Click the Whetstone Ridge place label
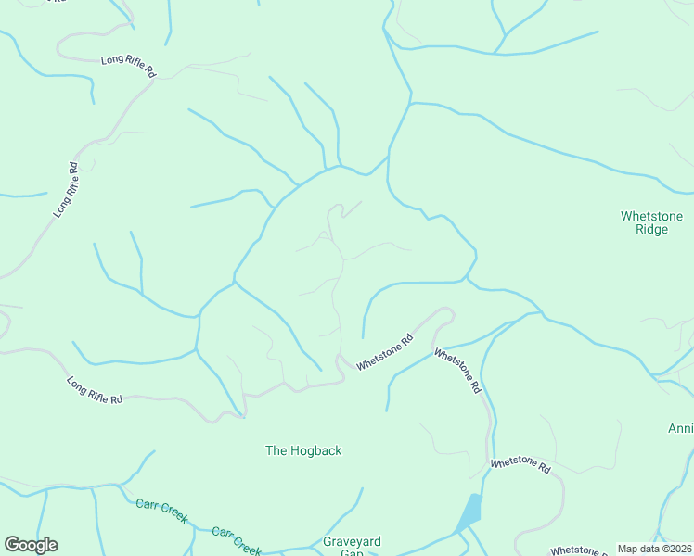point(651,222)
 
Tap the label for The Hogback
point(303,450)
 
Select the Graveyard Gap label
point(352,547)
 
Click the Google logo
point(31,545)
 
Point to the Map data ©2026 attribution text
point(654,549)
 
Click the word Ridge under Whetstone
point(651,229)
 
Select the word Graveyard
point(352,541)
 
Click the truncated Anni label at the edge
point(680,428)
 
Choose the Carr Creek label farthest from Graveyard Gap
point(161,509)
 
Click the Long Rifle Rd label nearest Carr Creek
point(95,389)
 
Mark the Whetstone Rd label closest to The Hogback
point(384,353)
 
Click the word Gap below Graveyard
point(352,552)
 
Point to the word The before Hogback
point(276,450)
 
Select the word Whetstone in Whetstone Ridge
point(651,216)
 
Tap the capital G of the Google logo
point(13,544)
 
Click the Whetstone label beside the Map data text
point(581,550)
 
